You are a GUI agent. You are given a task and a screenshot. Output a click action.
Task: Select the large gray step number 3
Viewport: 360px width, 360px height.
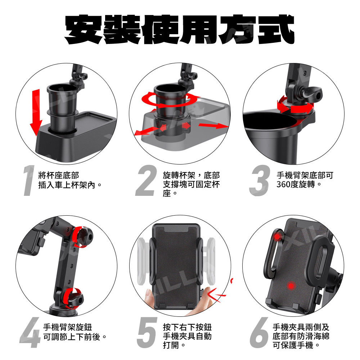(x=260, y=180)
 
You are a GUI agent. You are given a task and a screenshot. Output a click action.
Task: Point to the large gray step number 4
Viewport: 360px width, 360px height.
(x=30, y=332)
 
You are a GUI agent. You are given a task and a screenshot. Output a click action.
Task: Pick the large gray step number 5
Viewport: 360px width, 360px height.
(x=147, y=333)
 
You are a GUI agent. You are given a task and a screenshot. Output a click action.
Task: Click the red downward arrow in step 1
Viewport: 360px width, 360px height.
(x=36, y=112)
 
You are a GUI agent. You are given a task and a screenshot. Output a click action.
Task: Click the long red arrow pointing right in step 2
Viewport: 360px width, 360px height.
(x=213, y=125)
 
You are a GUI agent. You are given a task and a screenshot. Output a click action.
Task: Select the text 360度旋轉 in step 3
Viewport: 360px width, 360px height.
(x=296, y=184)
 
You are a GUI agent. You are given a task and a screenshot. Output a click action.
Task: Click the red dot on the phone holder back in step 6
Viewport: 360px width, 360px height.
(x=291, y=286)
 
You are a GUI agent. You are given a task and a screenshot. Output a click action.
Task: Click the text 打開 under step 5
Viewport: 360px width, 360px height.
(x=171, y=345)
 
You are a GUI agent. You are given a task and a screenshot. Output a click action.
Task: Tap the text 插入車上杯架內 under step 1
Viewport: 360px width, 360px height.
(x=67, y=185)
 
